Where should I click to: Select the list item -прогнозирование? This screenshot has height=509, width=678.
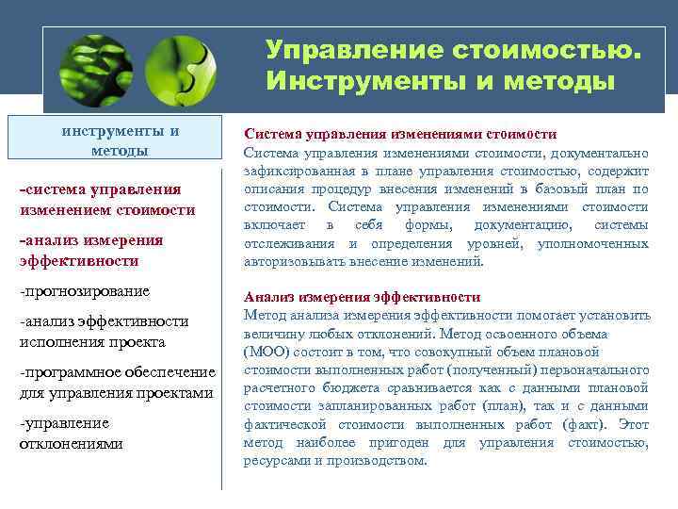pyautogui.click(x=85, y=290)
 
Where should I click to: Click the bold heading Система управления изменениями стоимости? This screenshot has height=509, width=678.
pyautogui.click(x=400, y=135)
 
